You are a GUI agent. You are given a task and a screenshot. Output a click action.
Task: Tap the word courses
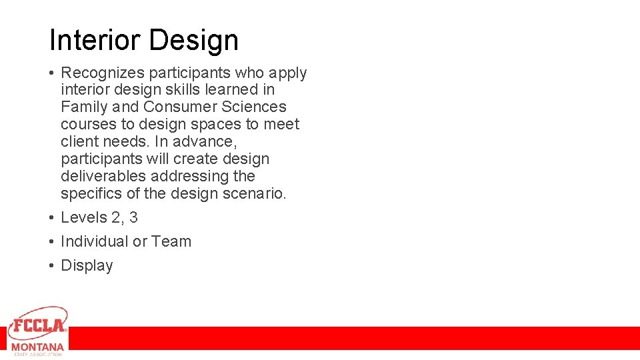tap(83, 124)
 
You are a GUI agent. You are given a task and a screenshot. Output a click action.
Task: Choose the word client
tap(77, 141)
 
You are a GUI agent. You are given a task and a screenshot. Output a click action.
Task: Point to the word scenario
tap(255, 193)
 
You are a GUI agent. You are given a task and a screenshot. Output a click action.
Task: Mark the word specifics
tap(85, 193)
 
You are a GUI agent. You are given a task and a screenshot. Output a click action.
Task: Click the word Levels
tap(81, 217)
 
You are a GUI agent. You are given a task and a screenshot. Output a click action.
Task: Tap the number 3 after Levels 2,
tap(133, 217)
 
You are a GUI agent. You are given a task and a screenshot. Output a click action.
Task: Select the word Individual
tap(95, 241)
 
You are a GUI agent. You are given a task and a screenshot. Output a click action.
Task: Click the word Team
tap(171, 241)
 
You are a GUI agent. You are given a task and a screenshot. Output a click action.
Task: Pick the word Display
tap(87, 265)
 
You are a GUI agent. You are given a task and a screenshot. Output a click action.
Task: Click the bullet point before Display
tap(51, 265)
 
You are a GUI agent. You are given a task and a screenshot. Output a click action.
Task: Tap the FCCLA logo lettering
tap(37, 325)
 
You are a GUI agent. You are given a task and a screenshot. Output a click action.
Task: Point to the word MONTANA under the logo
tap(37, 347)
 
